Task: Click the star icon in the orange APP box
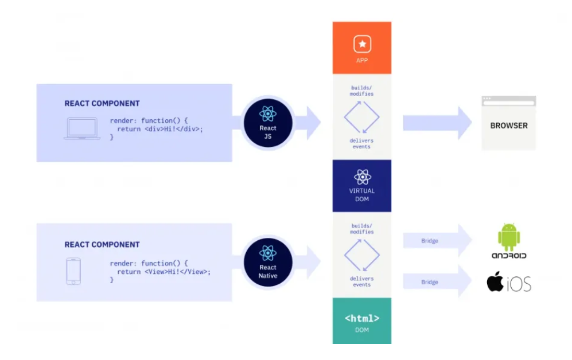[x=362, y=44]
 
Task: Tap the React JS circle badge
[x=268, y=123]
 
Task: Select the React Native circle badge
[x=268, y=263]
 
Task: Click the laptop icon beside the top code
[x=82, y=129]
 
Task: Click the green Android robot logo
[x=509, y=236]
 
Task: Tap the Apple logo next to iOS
[x=495, y=282]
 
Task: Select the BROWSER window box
[x=508, y=123]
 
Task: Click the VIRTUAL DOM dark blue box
[x=362, y=186]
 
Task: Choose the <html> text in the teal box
[x=362, y=318]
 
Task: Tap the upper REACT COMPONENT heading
[x=102, y=103]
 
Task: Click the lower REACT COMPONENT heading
[x=102, y=244]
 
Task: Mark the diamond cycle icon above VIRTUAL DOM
[x=361, y=116]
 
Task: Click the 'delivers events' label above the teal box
[x=361, y=281]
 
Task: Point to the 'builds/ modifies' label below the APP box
[x=362, y=91]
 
